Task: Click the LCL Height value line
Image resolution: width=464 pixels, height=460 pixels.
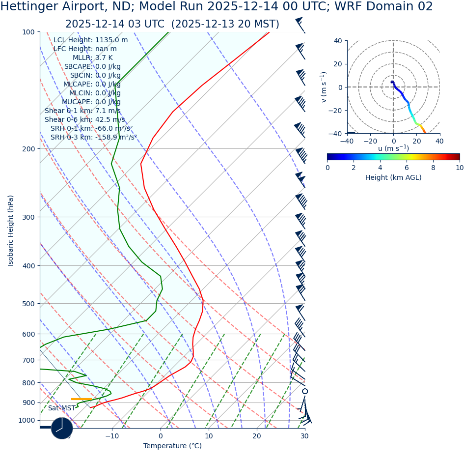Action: (x=90, y=40)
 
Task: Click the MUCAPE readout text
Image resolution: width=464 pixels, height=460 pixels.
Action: (x=91, y=102)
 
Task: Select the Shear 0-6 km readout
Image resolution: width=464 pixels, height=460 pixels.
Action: (x=84, y=120)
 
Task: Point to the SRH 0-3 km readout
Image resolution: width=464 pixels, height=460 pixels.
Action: (x=93, y=138)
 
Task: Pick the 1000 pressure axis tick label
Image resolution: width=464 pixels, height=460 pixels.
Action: (x=27, y=420)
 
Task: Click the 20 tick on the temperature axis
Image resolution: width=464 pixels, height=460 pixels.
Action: (x=257, y=436)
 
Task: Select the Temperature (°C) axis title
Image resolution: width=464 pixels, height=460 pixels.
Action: (x=172, y=446)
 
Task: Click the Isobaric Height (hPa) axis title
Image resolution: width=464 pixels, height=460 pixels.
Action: (x=11, y=230)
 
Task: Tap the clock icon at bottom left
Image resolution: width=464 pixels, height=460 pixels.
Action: (x=62, y=428)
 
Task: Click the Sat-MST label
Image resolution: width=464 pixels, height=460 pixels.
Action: (x=61, y=408)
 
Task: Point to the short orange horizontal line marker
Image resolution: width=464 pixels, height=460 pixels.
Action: (x=82, y=399)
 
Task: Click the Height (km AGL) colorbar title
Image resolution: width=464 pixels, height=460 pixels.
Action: (x=393, y=177)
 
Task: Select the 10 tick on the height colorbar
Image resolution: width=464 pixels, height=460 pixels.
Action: (x=459, y=168)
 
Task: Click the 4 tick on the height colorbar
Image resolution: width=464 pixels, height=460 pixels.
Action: (x=380, y=168)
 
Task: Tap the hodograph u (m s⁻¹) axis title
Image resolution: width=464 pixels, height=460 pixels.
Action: (x=393, y=148)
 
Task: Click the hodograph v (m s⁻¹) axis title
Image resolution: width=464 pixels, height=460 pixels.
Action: (x=324, y=87)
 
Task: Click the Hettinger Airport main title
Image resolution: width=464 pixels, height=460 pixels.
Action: (x=217, y=7)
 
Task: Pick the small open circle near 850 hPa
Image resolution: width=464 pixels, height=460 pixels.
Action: (x=305, y=391)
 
